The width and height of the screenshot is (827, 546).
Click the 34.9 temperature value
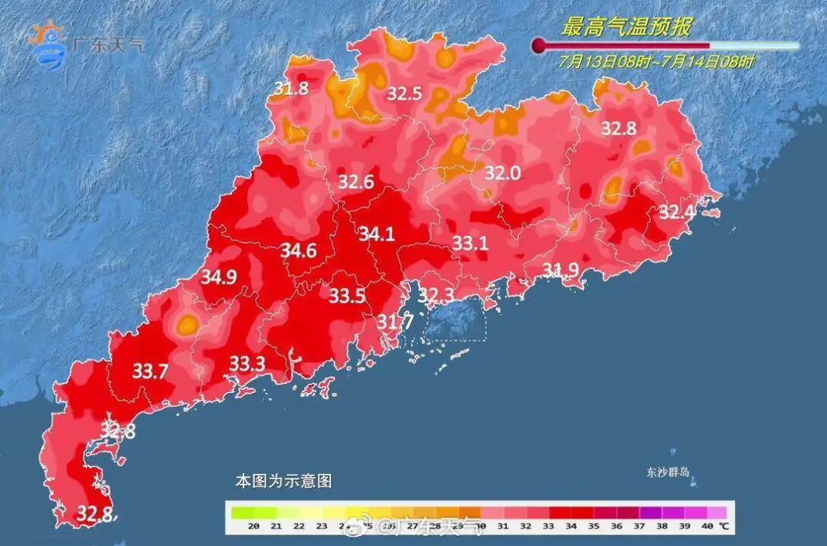(x=218, y=277)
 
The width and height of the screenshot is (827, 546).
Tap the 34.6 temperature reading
(x=299, y=250)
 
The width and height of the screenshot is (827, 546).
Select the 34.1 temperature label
(x=377, y=234)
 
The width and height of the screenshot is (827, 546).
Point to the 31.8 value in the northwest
(x=291, y=89)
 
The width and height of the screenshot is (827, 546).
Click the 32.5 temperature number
(x=404, y=93)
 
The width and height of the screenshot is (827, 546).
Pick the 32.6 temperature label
(x=356, y=182)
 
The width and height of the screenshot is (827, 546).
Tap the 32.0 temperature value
(x=502, y=174)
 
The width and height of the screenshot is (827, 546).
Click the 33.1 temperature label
(x=470, y=244)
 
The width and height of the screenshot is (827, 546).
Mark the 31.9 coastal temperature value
(x=561, y=269)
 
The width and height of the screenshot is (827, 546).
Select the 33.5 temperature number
(x=347, y=296)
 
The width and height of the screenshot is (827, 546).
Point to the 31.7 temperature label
(x=395, y=322)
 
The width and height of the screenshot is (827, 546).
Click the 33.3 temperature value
(x=247, y=364)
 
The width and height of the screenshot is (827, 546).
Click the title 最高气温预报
(x=626, y=28)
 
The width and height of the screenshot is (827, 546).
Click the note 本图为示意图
(x=283, y=482)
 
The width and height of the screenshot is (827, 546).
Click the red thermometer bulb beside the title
(x=538, y=45)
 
